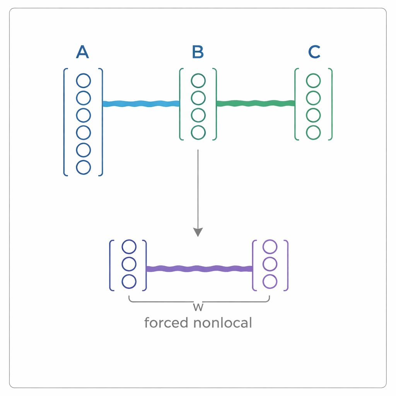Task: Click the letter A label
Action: [83, 52]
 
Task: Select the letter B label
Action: [198, 52]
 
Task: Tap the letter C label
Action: [314, 52]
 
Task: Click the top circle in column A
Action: [84, 81]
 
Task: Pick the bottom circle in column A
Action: [84, 167]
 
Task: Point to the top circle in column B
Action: [198, 81]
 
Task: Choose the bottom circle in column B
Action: [198, 133]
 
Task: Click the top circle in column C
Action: [313, 81]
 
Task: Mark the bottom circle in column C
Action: [313, 133]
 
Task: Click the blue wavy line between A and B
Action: [141, 104]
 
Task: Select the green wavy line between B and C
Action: [256, 103]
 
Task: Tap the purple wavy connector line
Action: [199, 268]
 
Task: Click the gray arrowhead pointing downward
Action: [198, 232]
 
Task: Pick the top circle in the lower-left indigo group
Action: [129, 246]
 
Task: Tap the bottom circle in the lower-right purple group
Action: [270, 282]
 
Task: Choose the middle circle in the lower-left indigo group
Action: [129, 264]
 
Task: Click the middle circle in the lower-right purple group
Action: [270, 264]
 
